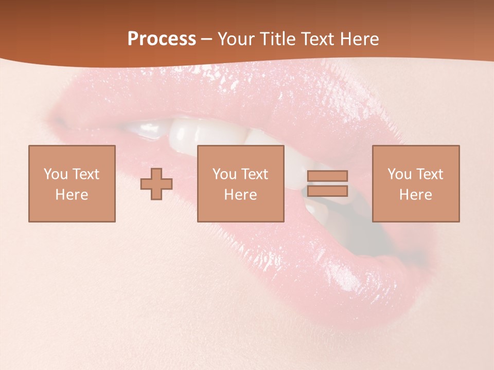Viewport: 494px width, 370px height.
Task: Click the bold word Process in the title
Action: (x=162, y=39)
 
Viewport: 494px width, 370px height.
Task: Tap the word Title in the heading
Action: (x=277, y=39)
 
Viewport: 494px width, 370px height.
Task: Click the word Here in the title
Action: (x=360, y=39)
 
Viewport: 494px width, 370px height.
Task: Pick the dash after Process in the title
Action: (x=207, y=40)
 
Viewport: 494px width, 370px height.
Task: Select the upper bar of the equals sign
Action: (x=327, y=176)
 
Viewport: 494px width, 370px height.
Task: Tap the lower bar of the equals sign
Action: (x=327, y=191)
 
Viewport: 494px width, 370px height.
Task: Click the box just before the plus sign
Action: (x=72, y=183)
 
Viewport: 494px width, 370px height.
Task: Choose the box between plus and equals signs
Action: (x=240, y=183)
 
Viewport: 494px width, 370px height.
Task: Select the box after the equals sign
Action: (x=415, y=183)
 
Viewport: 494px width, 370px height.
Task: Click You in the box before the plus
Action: (x=56, y=174)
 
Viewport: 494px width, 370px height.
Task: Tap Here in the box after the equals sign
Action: (x=415, y=195)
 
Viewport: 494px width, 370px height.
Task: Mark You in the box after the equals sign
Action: (x=399, y=174)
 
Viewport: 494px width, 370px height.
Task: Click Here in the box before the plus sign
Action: (x=72, y=195)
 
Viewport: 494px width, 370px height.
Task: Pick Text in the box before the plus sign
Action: (x=86, y=174)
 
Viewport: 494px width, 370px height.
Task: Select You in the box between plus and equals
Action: (x=224, y=174)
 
